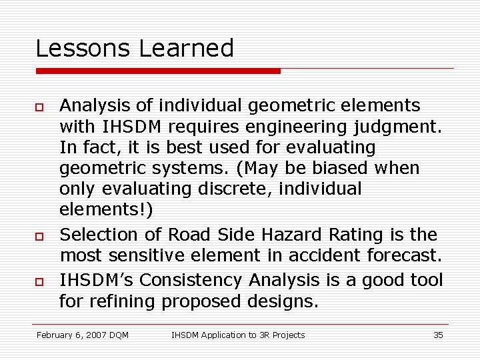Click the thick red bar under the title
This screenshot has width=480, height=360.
pos(158,71)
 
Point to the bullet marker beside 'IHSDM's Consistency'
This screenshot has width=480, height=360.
pos(40,280)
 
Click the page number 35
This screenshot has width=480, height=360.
pos(438,335)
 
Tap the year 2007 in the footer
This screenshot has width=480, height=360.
pos(99,335)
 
